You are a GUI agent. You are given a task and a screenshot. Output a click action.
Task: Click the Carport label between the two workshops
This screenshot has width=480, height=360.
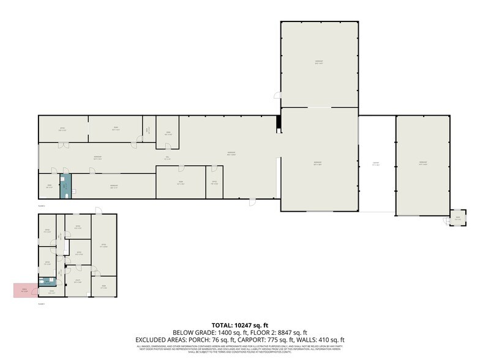coord(376,164)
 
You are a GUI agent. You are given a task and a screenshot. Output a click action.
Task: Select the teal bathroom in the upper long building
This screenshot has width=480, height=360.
coord(65,186)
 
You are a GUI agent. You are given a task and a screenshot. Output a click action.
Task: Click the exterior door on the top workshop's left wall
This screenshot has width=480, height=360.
coord(278,96)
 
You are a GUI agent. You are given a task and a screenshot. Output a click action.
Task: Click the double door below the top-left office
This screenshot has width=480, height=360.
coord(62,145)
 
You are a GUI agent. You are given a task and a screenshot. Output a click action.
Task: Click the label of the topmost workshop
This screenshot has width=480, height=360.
coord(318,61)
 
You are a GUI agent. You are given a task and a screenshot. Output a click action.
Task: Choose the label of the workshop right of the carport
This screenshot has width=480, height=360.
coord(422,163)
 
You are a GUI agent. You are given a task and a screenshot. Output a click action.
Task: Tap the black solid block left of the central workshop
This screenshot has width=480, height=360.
coord(279,122)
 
